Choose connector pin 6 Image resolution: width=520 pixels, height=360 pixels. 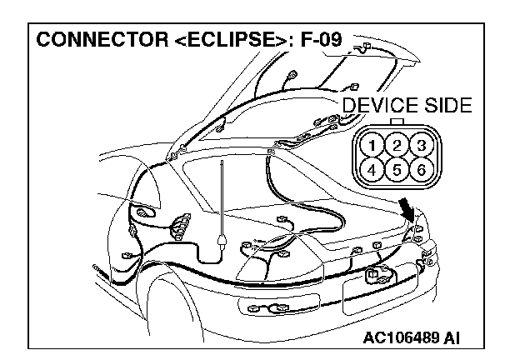point(421,171)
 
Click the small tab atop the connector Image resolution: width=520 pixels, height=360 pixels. point(397,121)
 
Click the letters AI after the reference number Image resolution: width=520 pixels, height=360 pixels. point(452,338)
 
